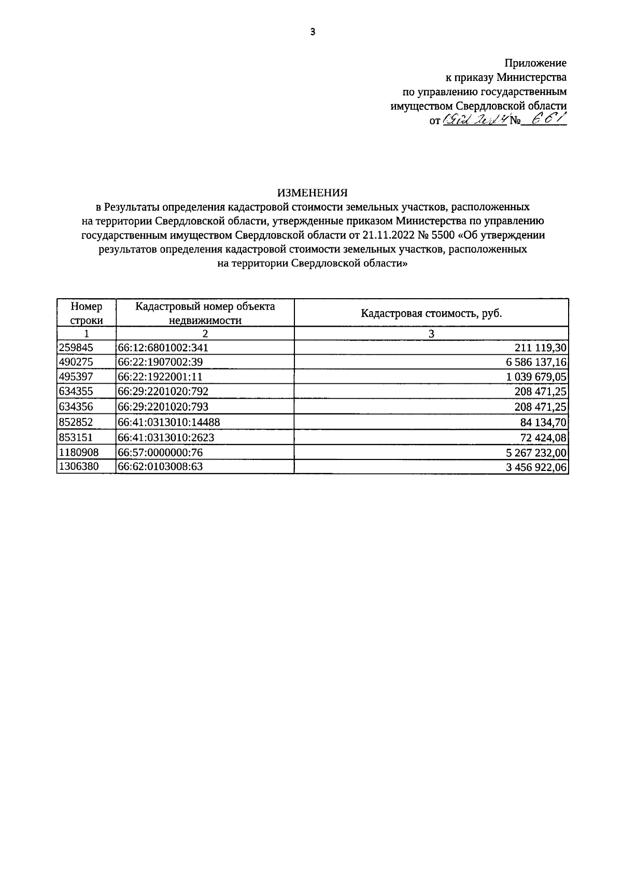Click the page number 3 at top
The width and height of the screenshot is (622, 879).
312,32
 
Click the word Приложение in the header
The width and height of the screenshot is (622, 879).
535,63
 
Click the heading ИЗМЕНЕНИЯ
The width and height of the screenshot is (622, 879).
312,192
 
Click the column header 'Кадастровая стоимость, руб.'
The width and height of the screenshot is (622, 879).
431,313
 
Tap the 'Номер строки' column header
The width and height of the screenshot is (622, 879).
87,313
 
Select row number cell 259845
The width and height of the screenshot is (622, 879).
77,347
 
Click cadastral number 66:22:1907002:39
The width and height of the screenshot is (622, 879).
160,362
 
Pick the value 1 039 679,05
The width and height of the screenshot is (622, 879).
536,377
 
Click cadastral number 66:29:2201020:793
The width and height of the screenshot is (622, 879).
163,407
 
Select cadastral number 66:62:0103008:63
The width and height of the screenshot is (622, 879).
160,467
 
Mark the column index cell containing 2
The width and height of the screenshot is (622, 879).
205,333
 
